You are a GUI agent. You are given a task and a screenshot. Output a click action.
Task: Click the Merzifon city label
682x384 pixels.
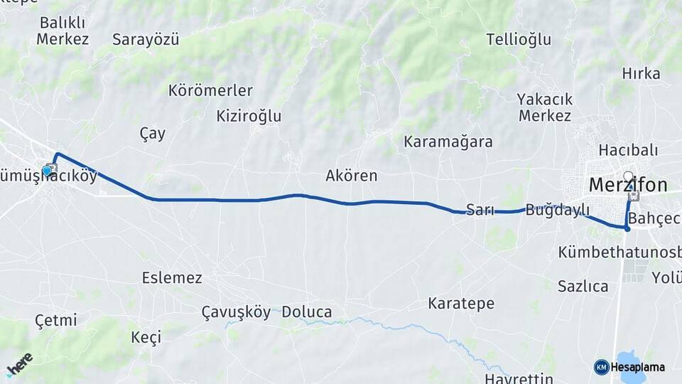pyautogui.click(x=628, y=186)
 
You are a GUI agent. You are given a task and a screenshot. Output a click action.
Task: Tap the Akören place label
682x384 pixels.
pyautogui.click(x=351, y=176)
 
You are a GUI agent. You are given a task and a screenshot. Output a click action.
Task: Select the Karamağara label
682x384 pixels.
pyautogui.click(x=448, y=142)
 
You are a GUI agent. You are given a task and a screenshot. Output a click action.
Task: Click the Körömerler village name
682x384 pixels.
pyautogui.click(x=210, y=90)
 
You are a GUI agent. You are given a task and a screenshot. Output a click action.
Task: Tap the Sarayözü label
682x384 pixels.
pyautogui.click(x=146, y=39)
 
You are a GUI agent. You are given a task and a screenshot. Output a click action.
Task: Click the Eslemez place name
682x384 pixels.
pyautogui.click(x=172, y=277)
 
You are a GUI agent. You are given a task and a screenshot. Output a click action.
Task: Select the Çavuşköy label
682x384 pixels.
pyautogui.click(x=236, y=312)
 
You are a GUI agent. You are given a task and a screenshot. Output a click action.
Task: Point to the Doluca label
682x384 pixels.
pyautogui.click(x=306, y=312)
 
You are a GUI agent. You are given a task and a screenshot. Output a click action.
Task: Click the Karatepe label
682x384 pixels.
pyautogui.click(x=461, y=304)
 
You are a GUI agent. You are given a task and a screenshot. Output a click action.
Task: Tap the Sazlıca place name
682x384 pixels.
pyautogui.click(x=583, y=287)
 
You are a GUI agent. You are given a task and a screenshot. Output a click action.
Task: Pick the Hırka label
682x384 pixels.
pyautogui.click(x=641, y=73)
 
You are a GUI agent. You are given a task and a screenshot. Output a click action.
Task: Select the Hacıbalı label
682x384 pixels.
pyautogui.click(x=628, y=150)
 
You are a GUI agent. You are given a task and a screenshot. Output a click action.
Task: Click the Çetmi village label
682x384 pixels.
pyautogui.click(x=55, y=321)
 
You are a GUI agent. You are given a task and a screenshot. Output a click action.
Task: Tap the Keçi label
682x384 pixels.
pyautogui.click(x=146, y=337)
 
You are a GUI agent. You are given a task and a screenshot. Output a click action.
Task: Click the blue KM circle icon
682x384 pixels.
pyautogui.click(x=601, y=367)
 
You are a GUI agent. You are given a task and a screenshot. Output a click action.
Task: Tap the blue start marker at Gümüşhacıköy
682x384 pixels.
pyautogui.click(x=47, y=171)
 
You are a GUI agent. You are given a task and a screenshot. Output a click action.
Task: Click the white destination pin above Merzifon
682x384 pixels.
pyautogui.click(x=627, y=176)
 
